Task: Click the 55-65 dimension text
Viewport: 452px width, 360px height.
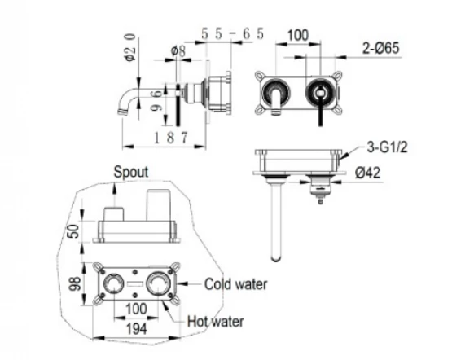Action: tap(232, 34)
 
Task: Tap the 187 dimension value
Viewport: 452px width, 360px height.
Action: tap(171, 138)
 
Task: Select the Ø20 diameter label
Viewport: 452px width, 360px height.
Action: tap(129, 47)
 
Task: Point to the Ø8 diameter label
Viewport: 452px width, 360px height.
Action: tap(178, 51)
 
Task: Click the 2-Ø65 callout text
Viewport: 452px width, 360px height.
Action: tap(381, 48)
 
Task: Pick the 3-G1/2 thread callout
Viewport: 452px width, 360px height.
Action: tap(387, 147)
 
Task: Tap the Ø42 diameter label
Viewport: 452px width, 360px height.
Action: tap(367, 173)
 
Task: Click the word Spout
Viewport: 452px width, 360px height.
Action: tap(131, 172)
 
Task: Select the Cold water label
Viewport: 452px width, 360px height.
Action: tap(236, 284)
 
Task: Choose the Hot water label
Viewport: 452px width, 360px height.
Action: tap(215, 322)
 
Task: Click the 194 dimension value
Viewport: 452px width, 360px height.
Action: tap(137, 329)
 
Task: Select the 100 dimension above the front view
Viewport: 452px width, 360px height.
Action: tap(298, 36)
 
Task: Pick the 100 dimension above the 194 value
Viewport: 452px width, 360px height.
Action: tap(136, 309)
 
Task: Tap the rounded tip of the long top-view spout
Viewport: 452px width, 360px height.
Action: tap(276, 259)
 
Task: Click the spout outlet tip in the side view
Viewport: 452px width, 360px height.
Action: tap(122, 112)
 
